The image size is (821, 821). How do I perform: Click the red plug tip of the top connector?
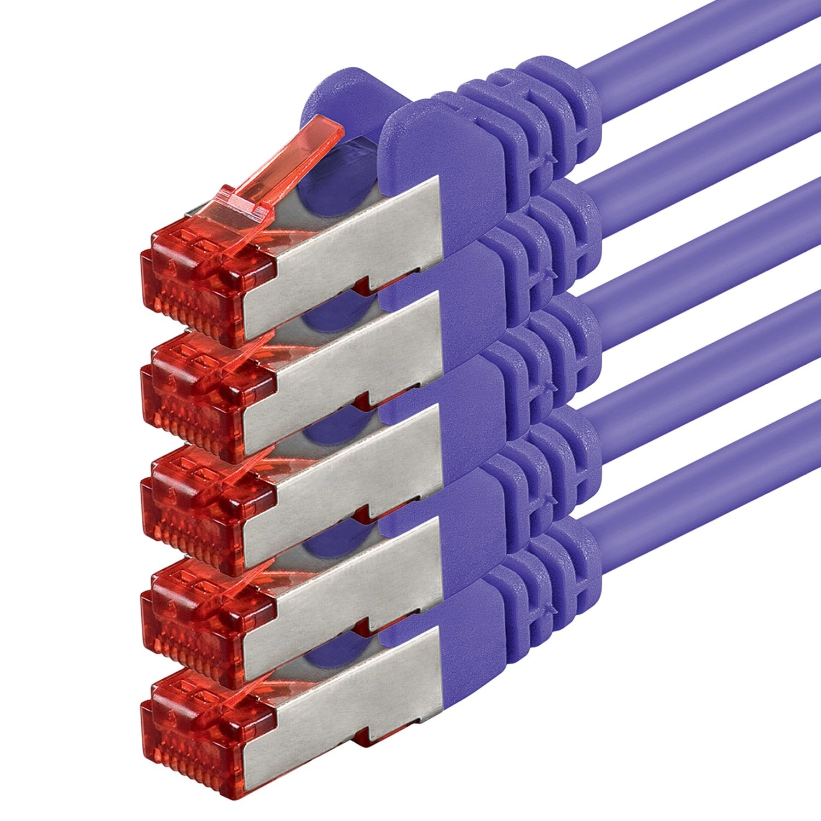click(203, 285)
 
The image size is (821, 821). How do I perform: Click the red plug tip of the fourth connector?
click(203, 624)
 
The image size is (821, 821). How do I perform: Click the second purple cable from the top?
click(712, 142)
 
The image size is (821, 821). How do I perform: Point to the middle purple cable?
click(712, 246)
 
